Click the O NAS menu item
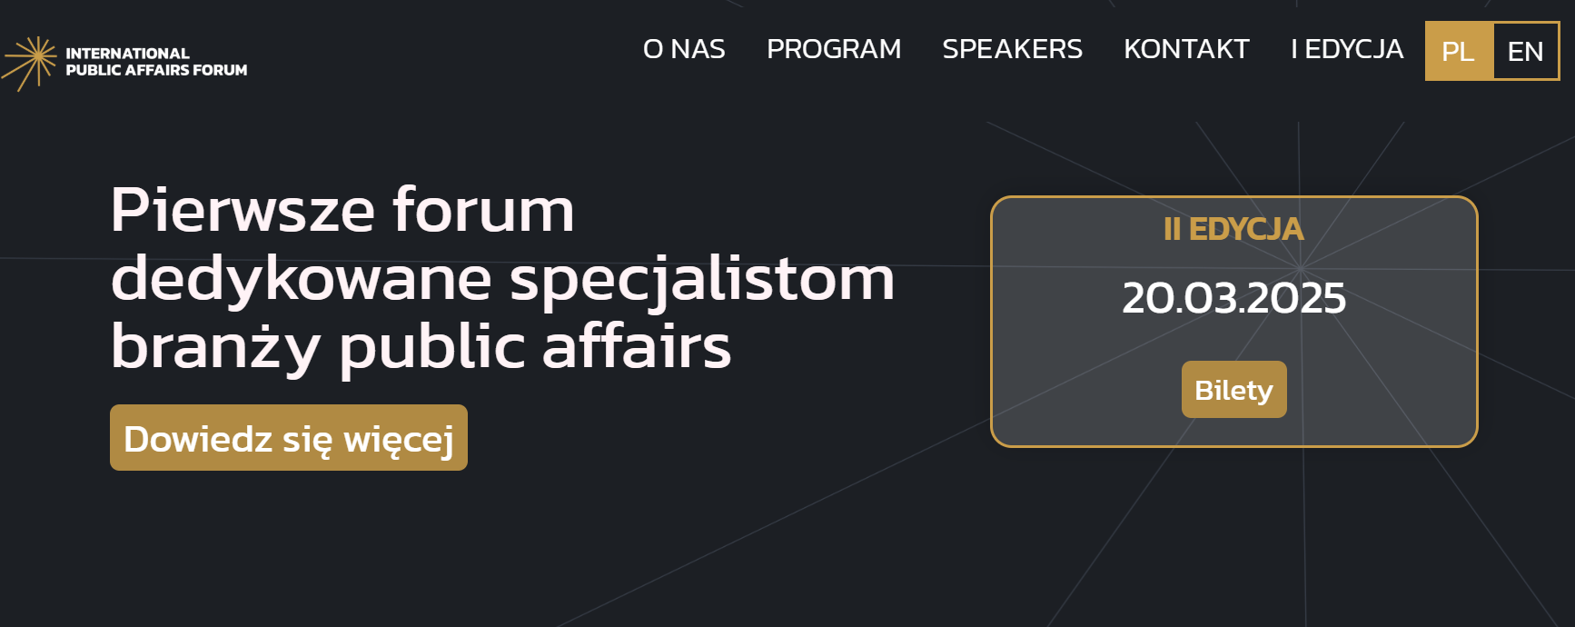(684, 49)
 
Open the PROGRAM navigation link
(834, 49)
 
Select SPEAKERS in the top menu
(1012, 49)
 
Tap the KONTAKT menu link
(1186, 49)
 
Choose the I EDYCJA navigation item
(1347, 49)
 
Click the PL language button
(1459, 51)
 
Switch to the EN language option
(1526, 51)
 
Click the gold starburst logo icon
(30, 63)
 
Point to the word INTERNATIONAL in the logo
(127, 54)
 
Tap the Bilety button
(1233, 390)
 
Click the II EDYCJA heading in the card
(1233, 229)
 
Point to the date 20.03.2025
(1233, 298)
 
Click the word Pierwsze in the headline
(243, 210)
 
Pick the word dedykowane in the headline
(301, 280)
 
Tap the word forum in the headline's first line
(483, 210)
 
